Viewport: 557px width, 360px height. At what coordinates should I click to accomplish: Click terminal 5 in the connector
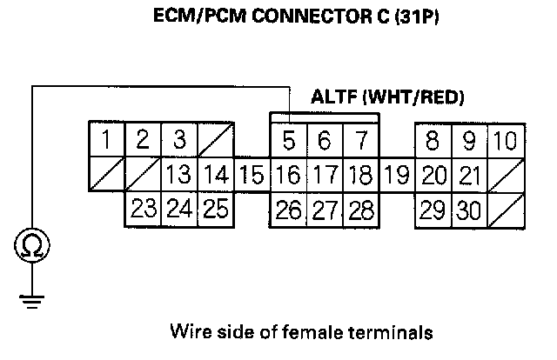pyautogui.click(x=287, y=139)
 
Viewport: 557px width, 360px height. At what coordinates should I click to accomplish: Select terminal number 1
pyautogui.click(x=106, y=139)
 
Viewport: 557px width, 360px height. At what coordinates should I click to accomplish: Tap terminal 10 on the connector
pyautogui.click(x=505, y=139)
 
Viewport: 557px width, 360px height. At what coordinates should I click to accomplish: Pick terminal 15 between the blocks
pyautogui.click(x=252, y=174)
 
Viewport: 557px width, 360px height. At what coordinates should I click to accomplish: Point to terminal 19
pyautogui.click(x=396, y=174)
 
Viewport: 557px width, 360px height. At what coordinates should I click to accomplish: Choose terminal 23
pyautogui.click(x=144, y=209)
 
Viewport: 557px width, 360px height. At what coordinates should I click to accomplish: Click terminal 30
pyautogui.click(x=468, y=209)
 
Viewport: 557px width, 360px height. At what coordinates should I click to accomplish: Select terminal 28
pyautogui.click(x=359, y=209)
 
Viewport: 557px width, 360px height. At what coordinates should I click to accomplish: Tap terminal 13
pyautogui.click(x=179, y=174)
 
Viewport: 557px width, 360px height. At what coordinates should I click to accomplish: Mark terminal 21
pyautogui.click(x=468, y=174)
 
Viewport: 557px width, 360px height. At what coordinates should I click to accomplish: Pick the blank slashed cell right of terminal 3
pyautogui.click(x=214, y=139)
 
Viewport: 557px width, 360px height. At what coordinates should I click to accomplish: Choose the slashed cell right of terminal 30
pyautogui.click(x=505, y=209)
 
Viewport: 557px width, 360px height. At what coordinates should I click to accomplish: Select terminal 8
pyautogui.click(x=432, y=139)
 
